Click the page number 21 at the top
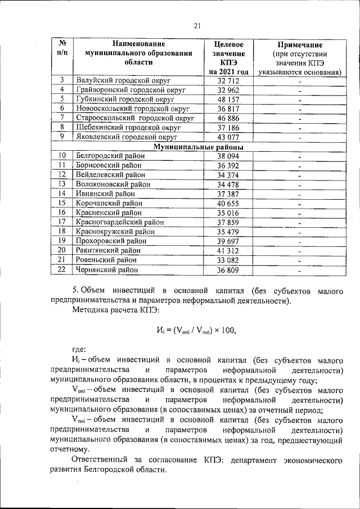(197, 25)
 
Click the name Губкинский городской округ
(125, 98)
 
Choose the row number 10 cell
(62, 156)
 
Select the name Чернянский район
(106, 269)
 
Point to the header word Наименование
(138, 44)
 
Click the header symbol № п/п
(62, 48)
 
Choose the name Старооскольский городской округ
(135, 119)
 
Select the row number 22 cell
(62, 269)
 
